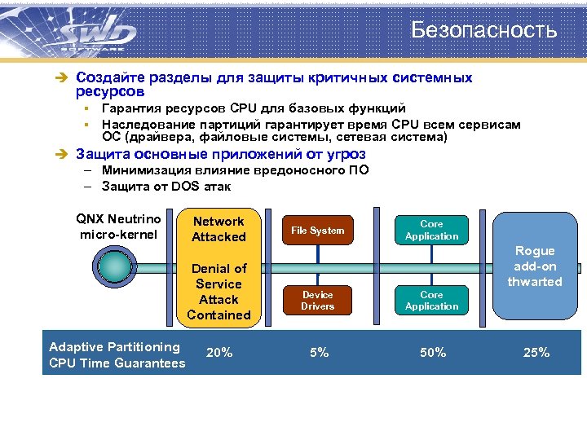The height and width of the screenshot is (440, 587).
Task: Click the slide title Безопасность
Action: tap(483, 30)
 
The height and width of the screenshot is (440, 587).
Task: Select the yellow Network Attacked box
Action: tap(218, 229)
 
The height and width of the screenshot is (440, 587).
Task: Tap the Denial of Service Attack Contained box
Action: tap(218, 291)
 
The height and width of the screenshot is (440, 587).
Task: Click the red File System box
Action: tap(318, 231)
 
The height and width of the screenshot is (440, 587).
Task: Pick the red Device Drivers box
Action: tap(318, 300)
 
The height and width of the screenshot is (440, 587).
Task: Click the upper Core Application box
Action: tap(431, 230)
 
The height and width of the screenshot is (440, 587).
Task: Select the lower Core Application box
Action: tap(431, 300)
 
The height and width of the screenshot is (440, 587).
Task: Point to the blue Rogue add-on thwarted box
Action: tap(535, 266)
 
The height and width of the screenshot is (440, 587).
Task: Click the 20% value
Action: tap(219, 353)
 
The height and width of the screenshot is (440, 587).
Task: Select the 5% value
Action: tap(319, 353)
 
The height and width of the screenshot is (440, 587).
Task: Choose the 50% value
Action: tap(432, 353)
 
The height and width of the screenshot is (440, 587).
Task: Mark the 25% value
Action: tap(536, 353)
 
